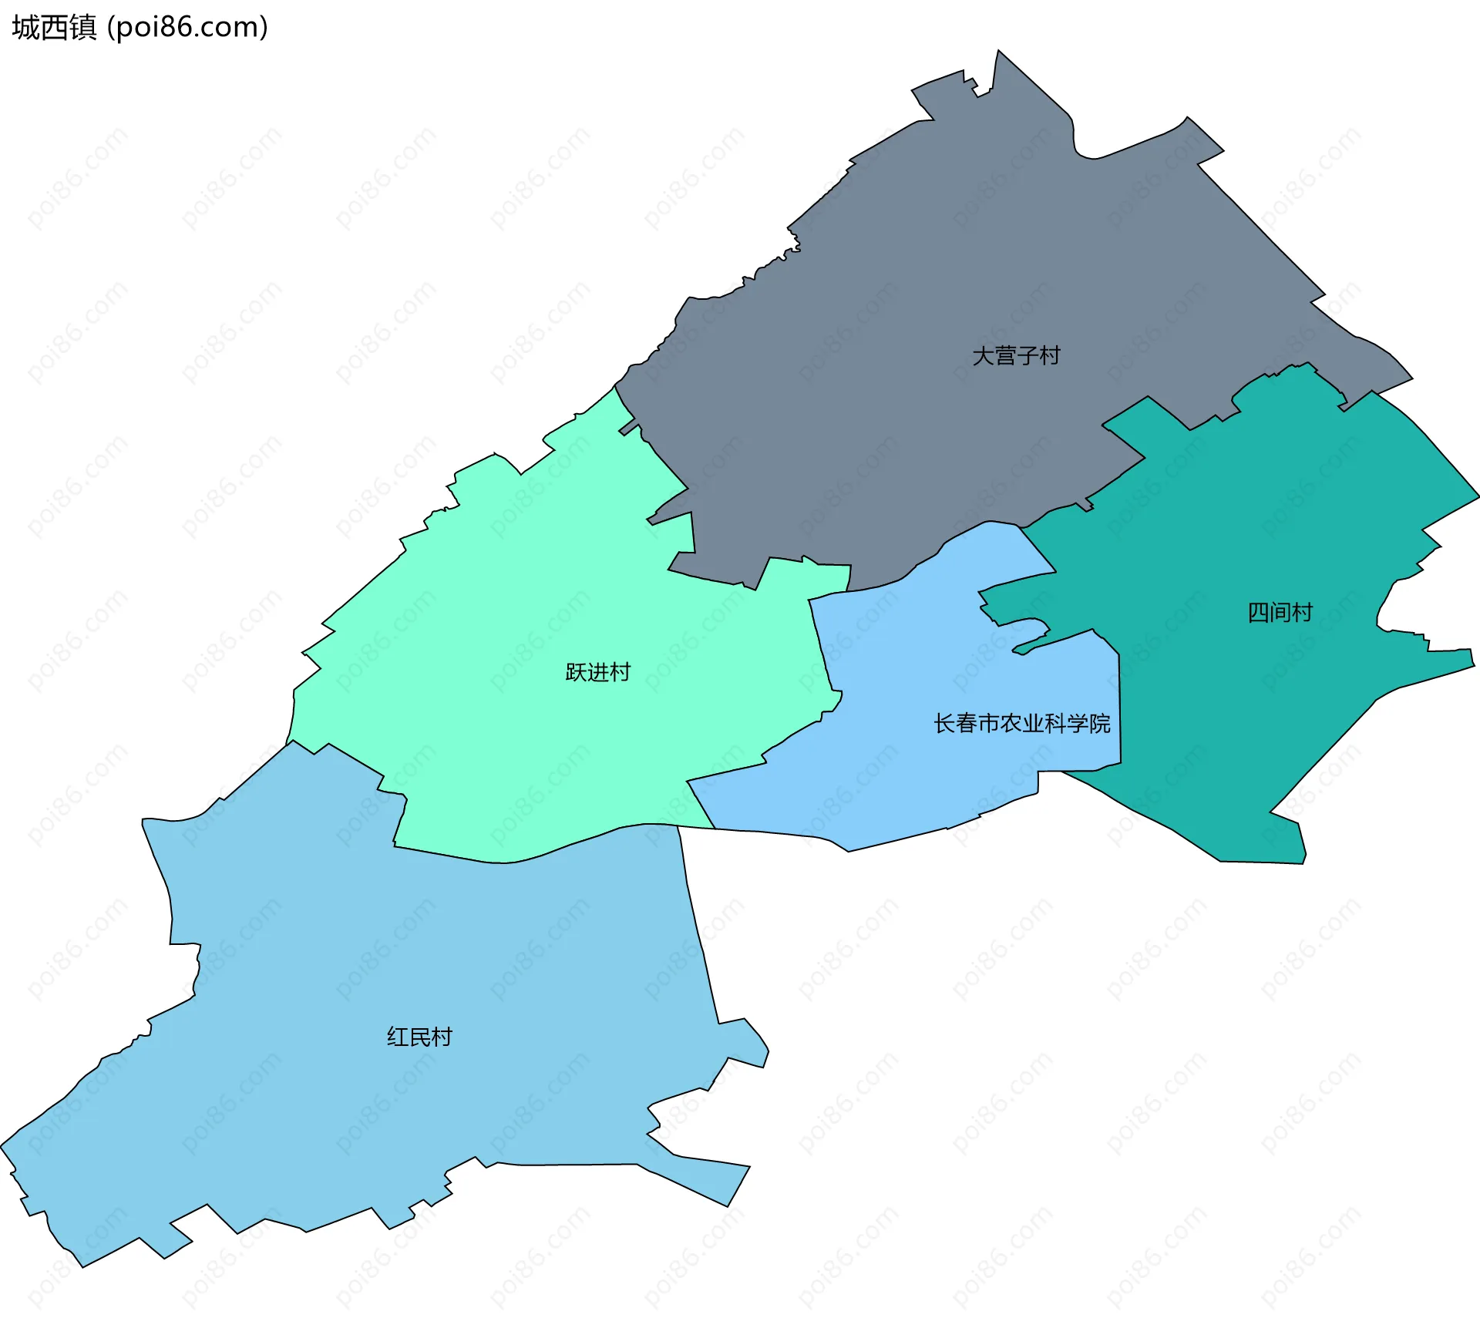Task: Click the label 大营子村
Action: coord(1016,356)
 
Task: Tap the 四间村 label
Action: coord(1280,613)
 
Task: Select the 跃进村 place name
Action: coord(597,672)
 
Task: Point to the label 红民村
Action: coord(419,1037)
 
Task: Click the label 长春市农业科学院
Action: coord(1021,723)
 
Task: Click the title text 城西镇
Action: coord(54,28)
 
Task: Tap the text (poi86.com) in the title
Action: coord(187,28)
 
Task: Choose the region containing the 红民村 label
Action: coord(385,963)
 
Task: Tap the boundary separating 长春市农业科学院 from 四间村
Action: coord(1119,709)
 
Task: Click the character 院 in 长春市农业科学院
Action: coord(1100,723)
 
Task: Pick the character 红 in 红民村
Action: coord(398,1037)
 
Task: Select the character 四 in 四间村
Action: coord(1258,613)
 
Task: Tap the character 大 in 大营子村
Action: coord(983,356)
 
